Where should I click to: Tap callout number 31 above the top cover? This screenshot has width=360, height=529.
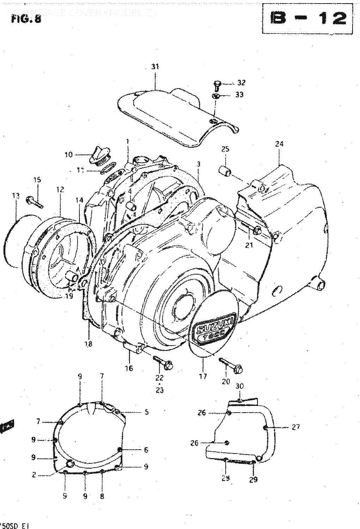[x=155, y=66]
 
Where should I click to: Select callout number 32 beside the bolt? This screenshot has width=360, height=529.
[x=241, y=83]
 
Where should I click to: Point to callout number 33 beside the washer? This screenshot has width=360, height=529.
[x=239, y=95]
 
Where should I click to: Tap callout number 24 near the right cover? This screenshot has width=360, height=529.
[x=279, y=144]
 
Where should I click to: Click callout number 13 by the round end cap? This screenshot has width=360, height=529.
[x=15, y=196]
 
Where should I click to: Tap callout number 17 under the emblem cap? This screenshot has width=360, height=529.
[x=203, y=377]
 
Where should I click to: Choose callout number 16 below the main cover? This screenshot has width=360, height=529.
[x=129, y=368]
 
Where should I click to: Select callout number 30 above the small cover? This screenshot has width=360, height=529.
[x=239, y=386]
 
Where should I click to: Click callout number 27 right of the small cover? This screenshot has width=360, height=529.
[x=295, y=427]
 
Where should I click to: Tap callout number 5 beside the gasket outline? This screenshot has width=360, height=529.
[x=146, y=412]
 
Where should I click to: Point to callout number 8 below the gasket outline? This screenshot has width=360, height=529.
[x=102, y=496]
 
